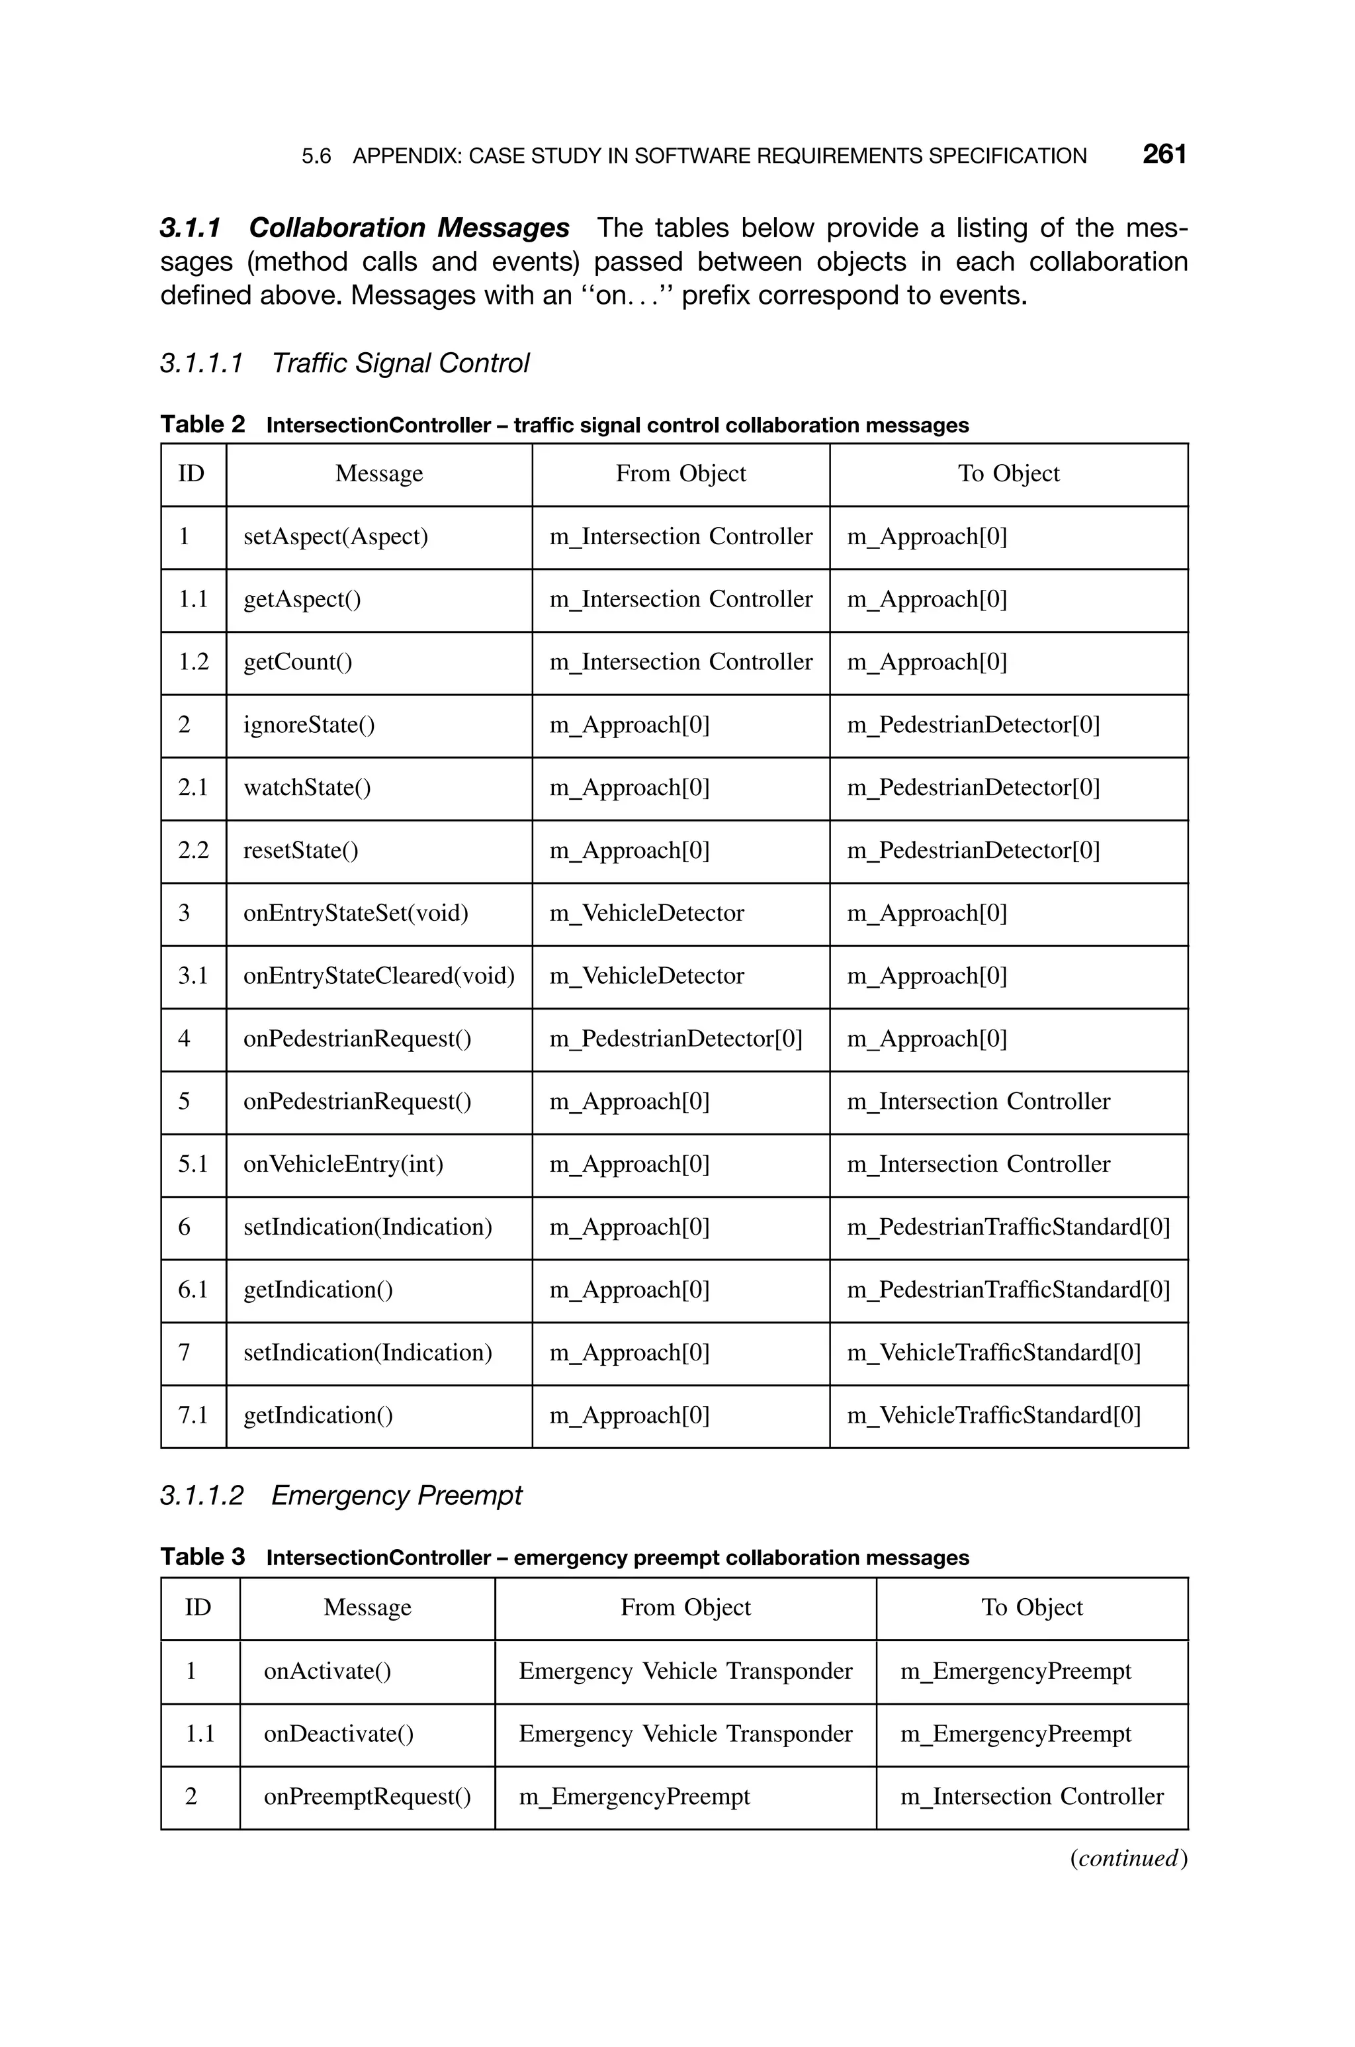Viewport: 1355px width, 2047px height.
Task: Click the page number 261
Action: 1163,155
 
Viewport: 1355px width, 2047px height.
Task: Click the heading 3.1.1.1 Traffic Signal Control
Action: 344,363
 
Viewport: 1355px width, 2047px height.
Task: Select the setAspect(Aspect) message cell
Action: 335,537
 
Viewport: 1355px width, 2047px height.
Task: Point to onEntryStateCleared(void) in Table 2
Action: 378,976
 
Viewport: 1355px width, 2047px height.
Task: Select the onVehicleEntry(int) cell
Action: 343,1165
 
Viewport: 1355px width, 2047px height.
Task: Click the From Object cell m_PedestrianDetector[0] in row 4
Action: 675,1039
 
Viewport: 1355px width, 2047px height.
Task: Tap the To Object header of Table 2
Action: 1008,474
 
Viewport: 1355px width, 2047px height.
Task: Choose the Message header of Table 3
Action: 367,1608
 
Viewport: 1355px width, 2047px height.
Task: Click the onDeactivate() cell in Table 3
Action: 338,1734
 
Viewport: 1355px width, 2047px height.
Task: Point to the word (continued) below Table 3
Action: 1127,1858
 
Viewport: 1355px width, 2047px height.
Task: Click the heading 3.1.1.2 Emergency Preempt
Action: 341,1496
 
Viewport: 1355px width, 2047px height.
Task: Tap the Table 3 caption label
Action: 202,1557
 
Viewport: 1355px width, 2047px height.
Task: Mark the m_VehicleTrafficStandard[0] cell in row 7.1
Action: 993,1416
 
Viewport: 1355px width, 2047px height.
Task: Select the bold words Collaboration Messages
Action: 408,228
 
